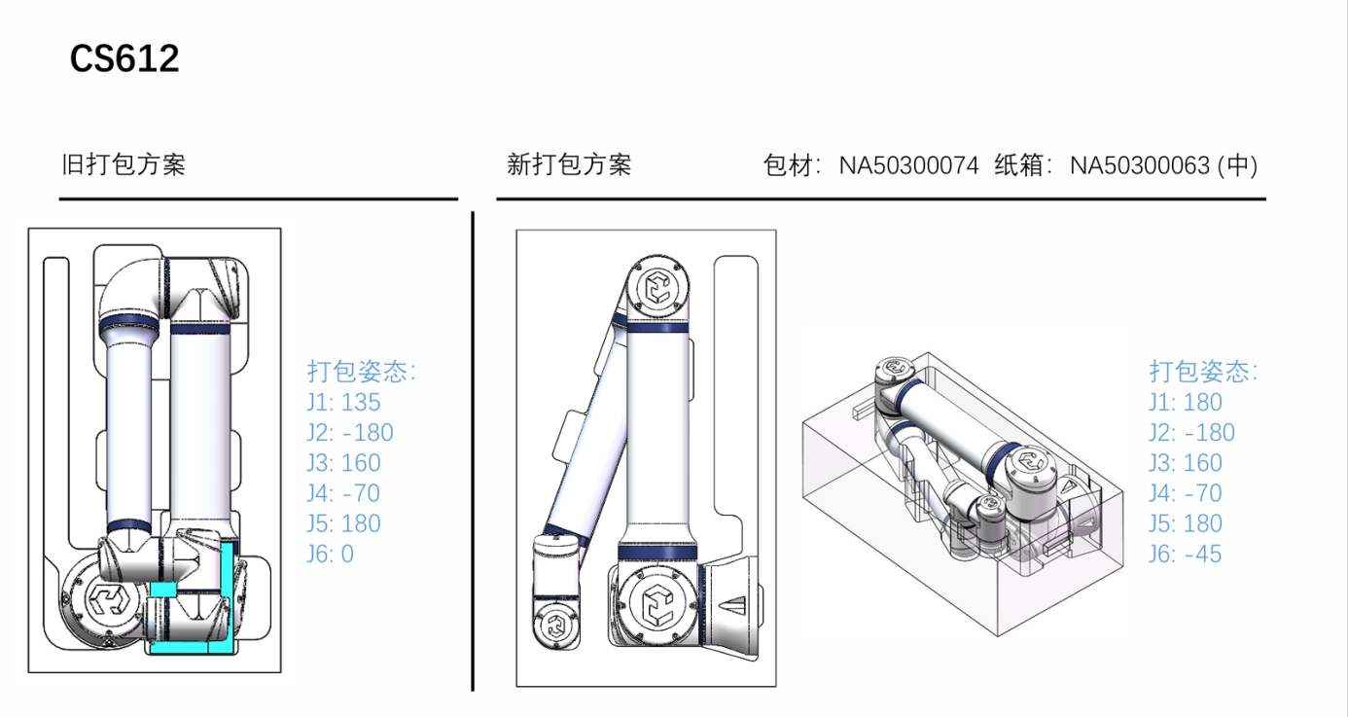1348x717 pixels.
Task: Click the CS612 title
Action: (124, 58)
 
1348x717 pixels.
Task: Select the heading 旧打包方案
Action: (124, 164)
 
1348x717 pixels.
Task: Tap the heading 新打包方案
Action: (569, 164)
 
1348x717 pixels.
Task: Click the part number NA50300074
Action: (908, 165)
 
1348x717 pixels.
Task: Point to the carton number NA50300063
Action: (1140, 165)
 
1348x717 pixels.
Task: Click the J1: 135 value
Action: (343, 402)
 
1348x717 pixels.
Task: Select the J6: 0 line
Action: (331, 554)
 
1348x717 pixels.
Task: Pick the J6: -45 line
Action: (1185, 554)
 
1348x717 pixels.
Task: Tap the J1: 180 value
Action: (1185, 402)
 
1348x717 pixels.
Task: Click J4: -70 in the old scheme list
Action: (343, 493)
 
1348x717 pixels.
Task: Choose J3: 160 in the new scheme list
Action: (1186, 463)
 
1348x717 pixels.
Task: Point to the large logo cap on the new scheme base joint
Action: (657, 604)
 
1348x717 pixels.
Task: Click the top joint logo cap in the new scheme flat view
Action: (657, 286)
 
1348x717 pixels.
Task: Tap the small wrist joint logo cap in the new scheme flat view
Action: (555, 627)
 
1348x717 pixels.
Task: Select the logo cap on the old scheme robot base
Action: (108, 599)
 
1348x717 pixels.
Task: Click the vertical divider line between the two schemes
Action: (473, 450)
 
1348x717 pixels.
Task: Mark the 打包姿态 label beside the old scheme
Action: (362, 372)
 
